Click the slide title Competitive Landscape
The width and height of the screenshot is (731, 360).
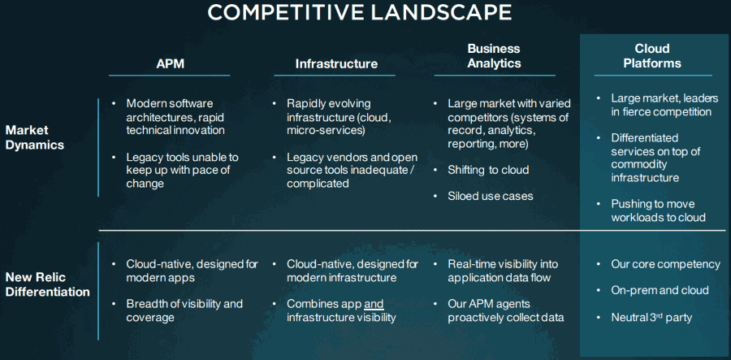pyautogui.click(x=360, y=12)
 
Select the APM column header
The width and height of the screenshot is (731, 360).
pyautogui.click(x=171, y=64)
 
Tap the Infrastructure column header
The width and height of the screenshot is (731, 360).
pyautogui.click(x=336, y=64)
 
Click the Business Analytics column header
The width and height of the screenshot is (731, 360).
pyautogui.click(x=494, y=56)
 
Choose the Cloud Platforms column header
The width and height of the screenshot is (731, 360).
pyautogui.click(x=652, y=56)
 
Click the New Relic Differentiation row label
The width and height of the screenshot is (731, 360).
pyautogui.click(x=47, y=285)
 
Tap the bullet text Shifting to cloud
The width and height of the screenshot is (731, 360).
pyautogui.click(x=488, y=170)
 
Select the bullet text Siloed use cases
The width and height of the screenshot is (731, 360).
pyautogui.click(x=490, y=196)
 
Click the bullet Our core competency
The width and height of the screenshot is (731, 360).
pyautogui.click(x=665, y=264)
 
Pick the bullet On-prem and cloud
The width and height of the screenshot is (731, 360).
pyautogui.click(x=660, y=290)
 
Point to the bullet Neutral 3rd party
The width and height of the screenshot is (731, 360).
pyautogui.click(x=651, y=318)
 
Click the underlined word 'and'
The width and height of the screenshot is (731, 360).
pyautogui.click(x=374, y=305)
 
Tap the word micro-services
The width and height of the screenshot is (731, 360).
pyautogui.click(x=325, y=131)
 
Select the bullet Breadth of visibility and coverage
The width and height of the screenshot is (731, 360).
pyautogui.click(x=184, y=310)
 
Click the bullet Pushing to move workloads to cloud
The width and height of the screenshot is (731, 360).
pyautogui.click(x=658, y=210)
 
